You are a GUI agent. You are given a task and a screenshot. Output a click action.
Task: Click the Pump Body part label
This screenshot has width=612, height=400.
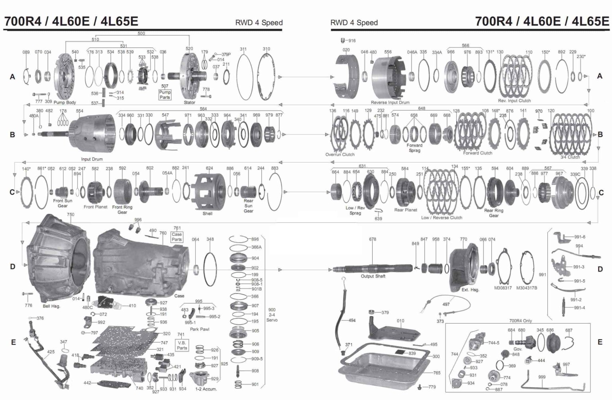(65, 103)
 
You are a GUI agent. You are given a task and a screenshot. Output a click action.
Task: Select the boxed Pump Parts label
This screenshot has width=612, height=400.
(165, 95)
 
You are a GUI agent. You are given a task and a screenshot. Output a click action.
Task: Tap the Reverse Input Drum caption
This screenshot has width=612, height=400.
(390, 103)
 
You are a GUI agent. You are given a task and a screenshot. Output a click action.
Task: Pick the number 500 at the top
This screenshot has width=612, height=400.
(141, 33)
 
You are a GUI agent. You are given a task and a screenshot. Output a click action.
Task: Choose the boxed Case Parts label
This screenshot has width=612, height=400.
(177, 237)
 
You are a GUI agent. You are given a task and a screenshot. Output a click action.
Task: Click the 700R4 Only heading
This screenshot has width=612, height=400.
(520, 321)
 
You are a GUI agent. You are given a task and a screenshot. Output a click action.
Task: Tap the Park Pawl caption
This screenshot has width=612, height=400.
(199, 330)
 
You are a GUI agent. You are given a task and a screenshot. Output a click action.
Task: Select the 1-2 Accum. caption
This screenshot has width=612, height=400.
(206, 389)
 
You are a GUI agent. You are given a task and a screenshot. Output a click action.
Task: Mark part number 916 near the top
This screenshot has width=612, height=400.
(351, 41)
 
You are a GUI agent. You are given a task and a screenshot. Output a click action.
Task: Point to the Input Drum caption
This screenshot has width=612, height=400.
(92, 159)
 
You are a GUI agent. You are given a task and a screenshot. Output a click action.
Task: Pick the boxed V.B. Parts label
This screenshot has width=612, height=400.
(182, 345)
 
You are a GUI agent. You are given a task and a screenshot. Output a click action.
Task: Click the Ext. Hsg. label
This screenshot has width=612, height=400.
(470, 290)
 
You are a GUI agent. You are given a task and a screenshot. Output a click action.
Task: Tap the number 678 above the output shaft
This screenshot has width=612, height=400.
(372, 240)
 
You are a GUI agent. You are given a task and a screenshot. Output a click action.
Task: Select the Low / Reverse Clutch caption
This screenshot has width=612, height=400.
(441, 218)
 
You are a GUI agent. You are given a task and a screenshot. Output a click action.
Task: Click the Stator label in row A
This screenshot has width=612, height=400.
(189, 103)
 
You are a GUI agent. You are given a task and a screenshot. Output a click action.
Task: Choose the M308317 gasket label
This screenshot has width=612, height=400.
(503, 288)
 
